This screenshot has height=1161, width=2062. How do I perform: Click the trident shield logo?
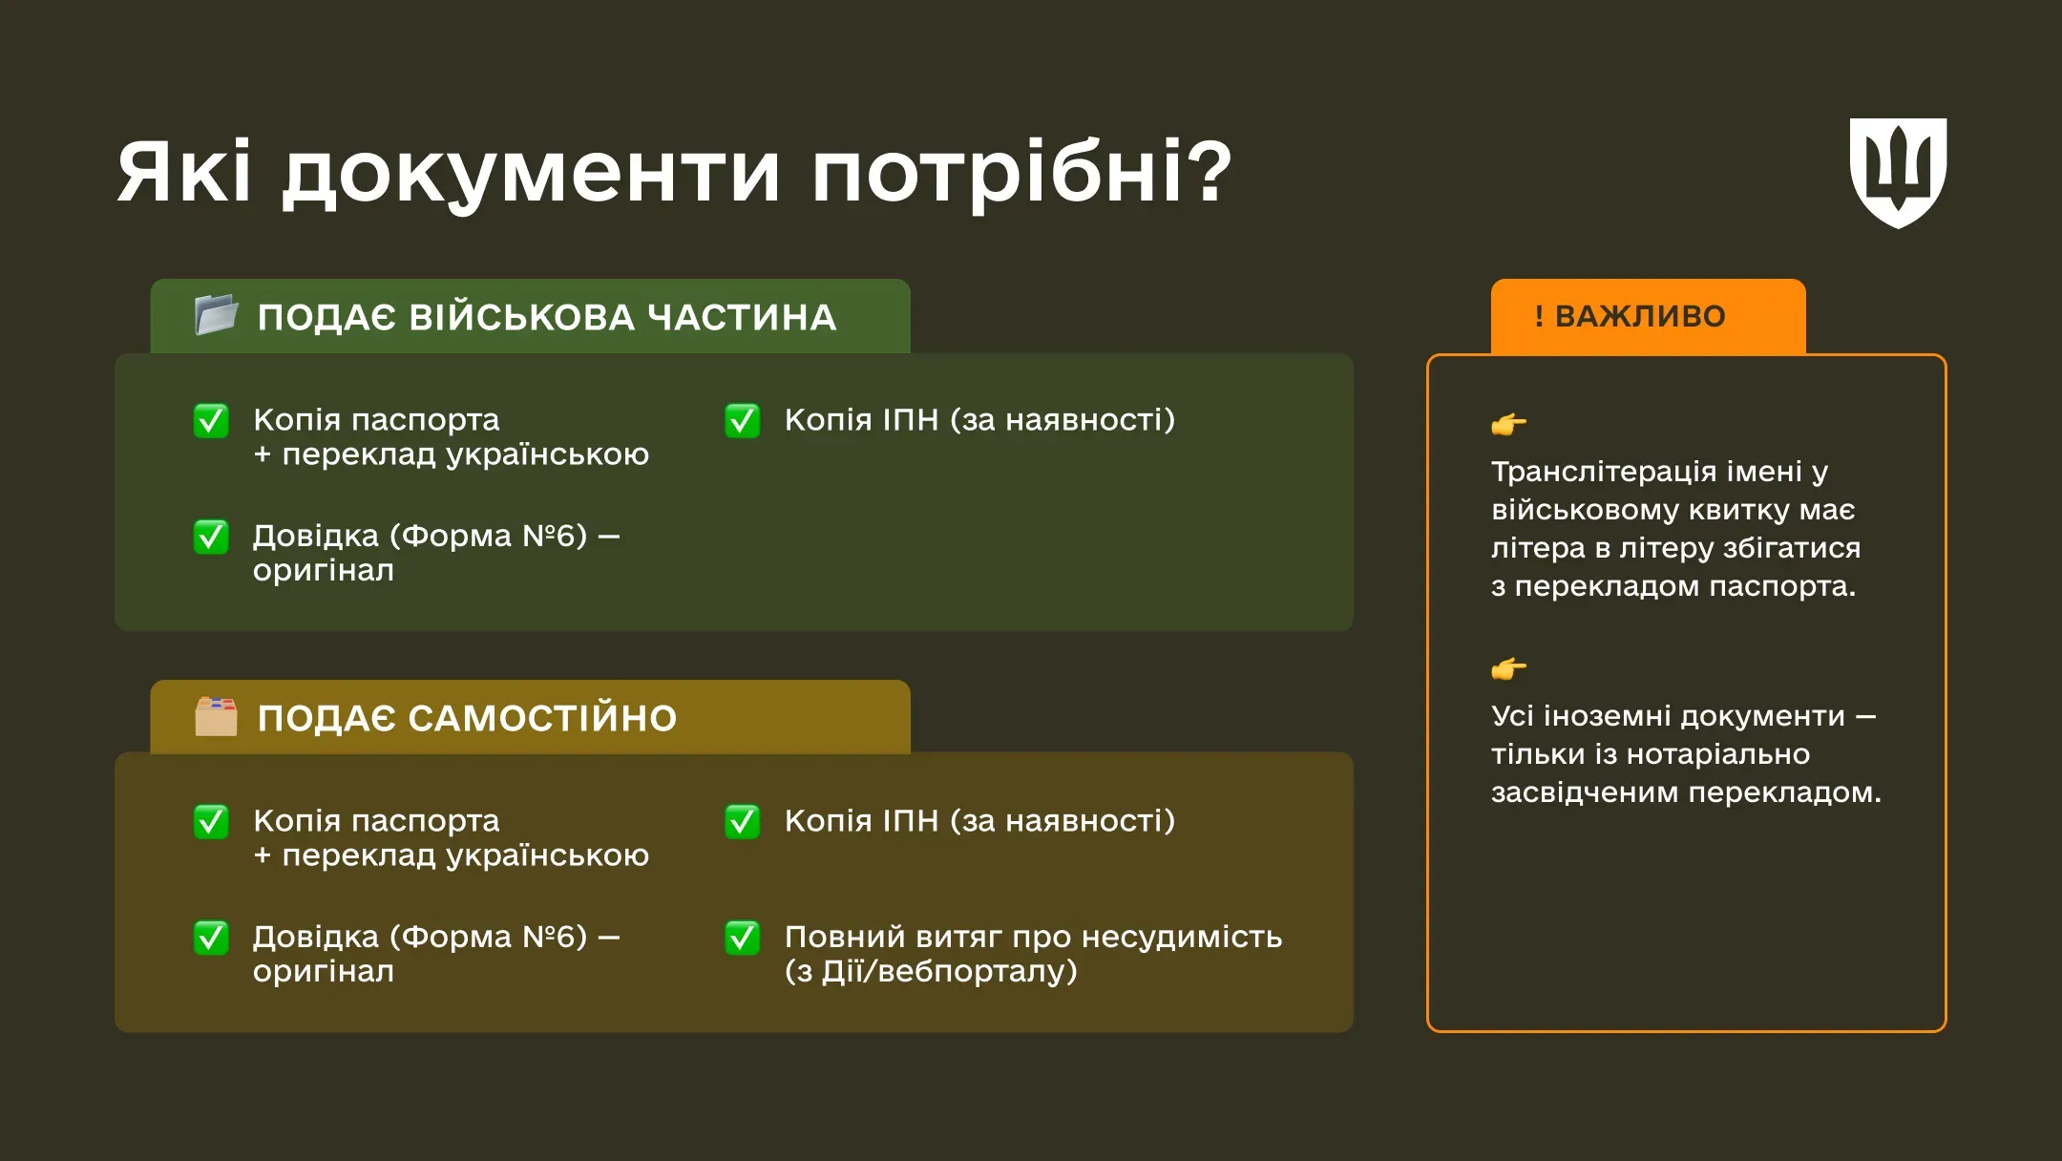(1898, 172)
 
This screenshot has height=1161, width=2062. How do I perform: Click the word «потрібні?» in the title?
(1021, 174)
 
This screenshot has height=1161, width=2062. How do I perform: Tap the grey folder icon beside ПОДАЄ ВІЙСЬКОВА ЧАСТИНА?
(216, 314)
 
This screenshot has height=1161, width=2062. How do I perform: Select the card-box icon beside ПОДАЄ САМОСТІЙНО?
(216, 716)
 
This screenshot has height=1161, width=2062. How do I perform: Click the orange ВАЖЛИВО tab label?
(1640, 316)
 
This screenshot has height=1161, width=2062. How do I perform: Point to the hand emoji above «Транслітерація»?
(1508, 423)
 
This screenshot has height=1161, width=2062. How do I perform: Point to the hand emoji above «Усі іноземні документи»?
(1508, 668)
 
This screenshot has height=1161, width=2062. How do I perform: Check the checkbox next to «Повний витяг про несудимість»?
(743, 938)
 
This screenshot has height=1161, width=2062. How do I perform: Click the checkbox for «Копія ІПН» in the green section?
(743, 420)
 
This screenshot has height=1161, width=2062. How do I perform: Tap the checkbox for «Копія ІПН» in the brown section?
(743, 821)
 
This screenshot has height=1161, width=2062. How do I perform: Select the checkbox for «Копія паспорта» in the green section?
(211, 420)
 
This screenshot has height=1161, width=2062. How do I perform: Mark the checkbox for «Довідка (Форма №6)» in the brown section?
(211, 938)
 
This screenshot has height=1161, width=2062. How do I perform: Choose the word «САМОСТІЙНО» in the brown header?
(542, 718)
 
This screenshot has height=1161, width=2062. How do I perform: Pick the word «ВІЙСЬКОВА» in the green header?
(521, 317)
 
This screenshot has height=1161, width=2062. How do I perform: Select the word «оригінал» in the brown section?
(323, 972)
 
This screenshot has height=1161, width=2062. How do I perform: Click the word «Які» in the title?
(183, 174)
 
